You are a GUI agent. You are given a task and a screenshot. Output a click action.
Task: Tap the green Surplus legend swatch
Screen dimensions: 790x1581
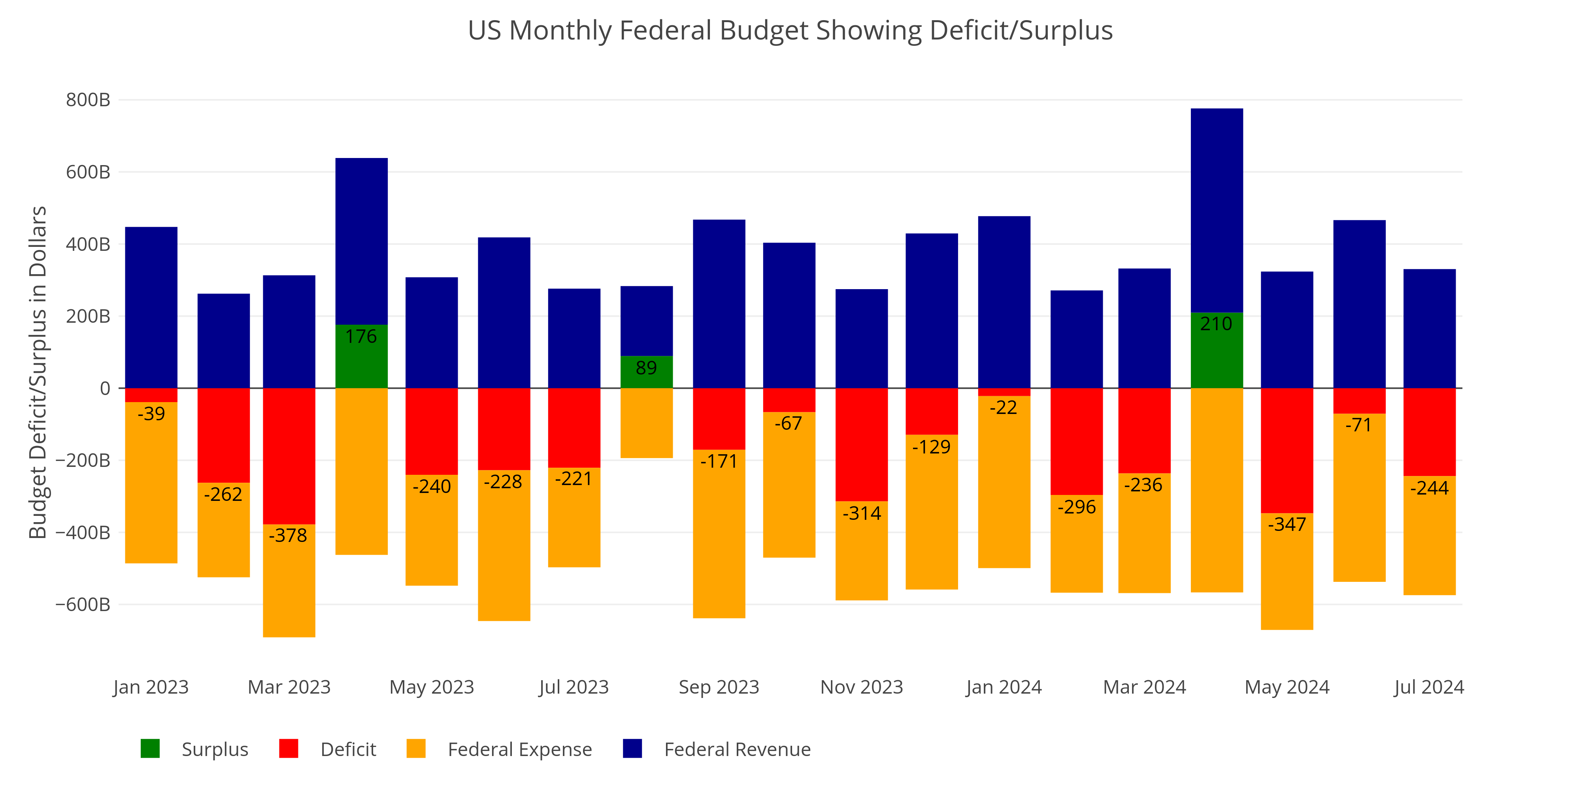[150, 749]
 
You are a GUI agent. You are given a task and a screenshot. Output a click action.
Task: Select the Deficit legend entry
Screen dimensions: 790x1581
[348, 750]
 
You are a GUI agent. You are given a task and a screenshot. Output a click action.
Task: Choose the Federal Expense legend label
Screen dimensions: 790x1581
[519, 750]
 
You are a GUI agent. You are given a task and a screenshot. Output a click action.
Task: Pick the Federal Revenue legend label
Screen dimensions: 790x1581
[737, 750]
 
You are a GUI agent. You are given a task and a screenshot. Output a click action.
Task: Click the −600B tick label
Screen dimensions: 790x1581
[83, 605]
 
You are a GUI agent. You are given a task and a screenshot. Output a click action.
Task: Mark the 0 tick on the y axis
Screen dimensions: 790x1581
[105, 388]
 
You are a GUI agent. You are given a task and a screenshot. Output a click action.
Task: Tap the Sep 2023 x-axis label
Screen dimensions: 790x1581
[719, 687]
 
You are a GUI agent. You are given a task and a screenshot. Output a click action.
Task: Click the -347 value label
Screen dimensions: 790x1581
[1287, 525]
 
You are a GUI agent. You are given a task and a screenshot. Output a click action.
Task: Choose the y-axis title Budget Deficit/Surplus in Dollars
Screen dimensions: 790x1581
[38, 372]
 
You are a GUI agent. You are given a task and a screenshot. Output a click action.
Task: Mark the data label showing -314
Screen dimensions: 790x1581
[861, 513]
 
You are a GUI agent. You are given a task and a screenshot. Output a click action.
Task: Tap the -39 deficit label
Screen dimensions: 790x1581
[151, 414]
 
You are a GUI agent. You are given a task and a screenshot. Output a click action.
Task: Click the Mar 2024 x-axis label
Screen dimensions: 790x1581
[1144, 687]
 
